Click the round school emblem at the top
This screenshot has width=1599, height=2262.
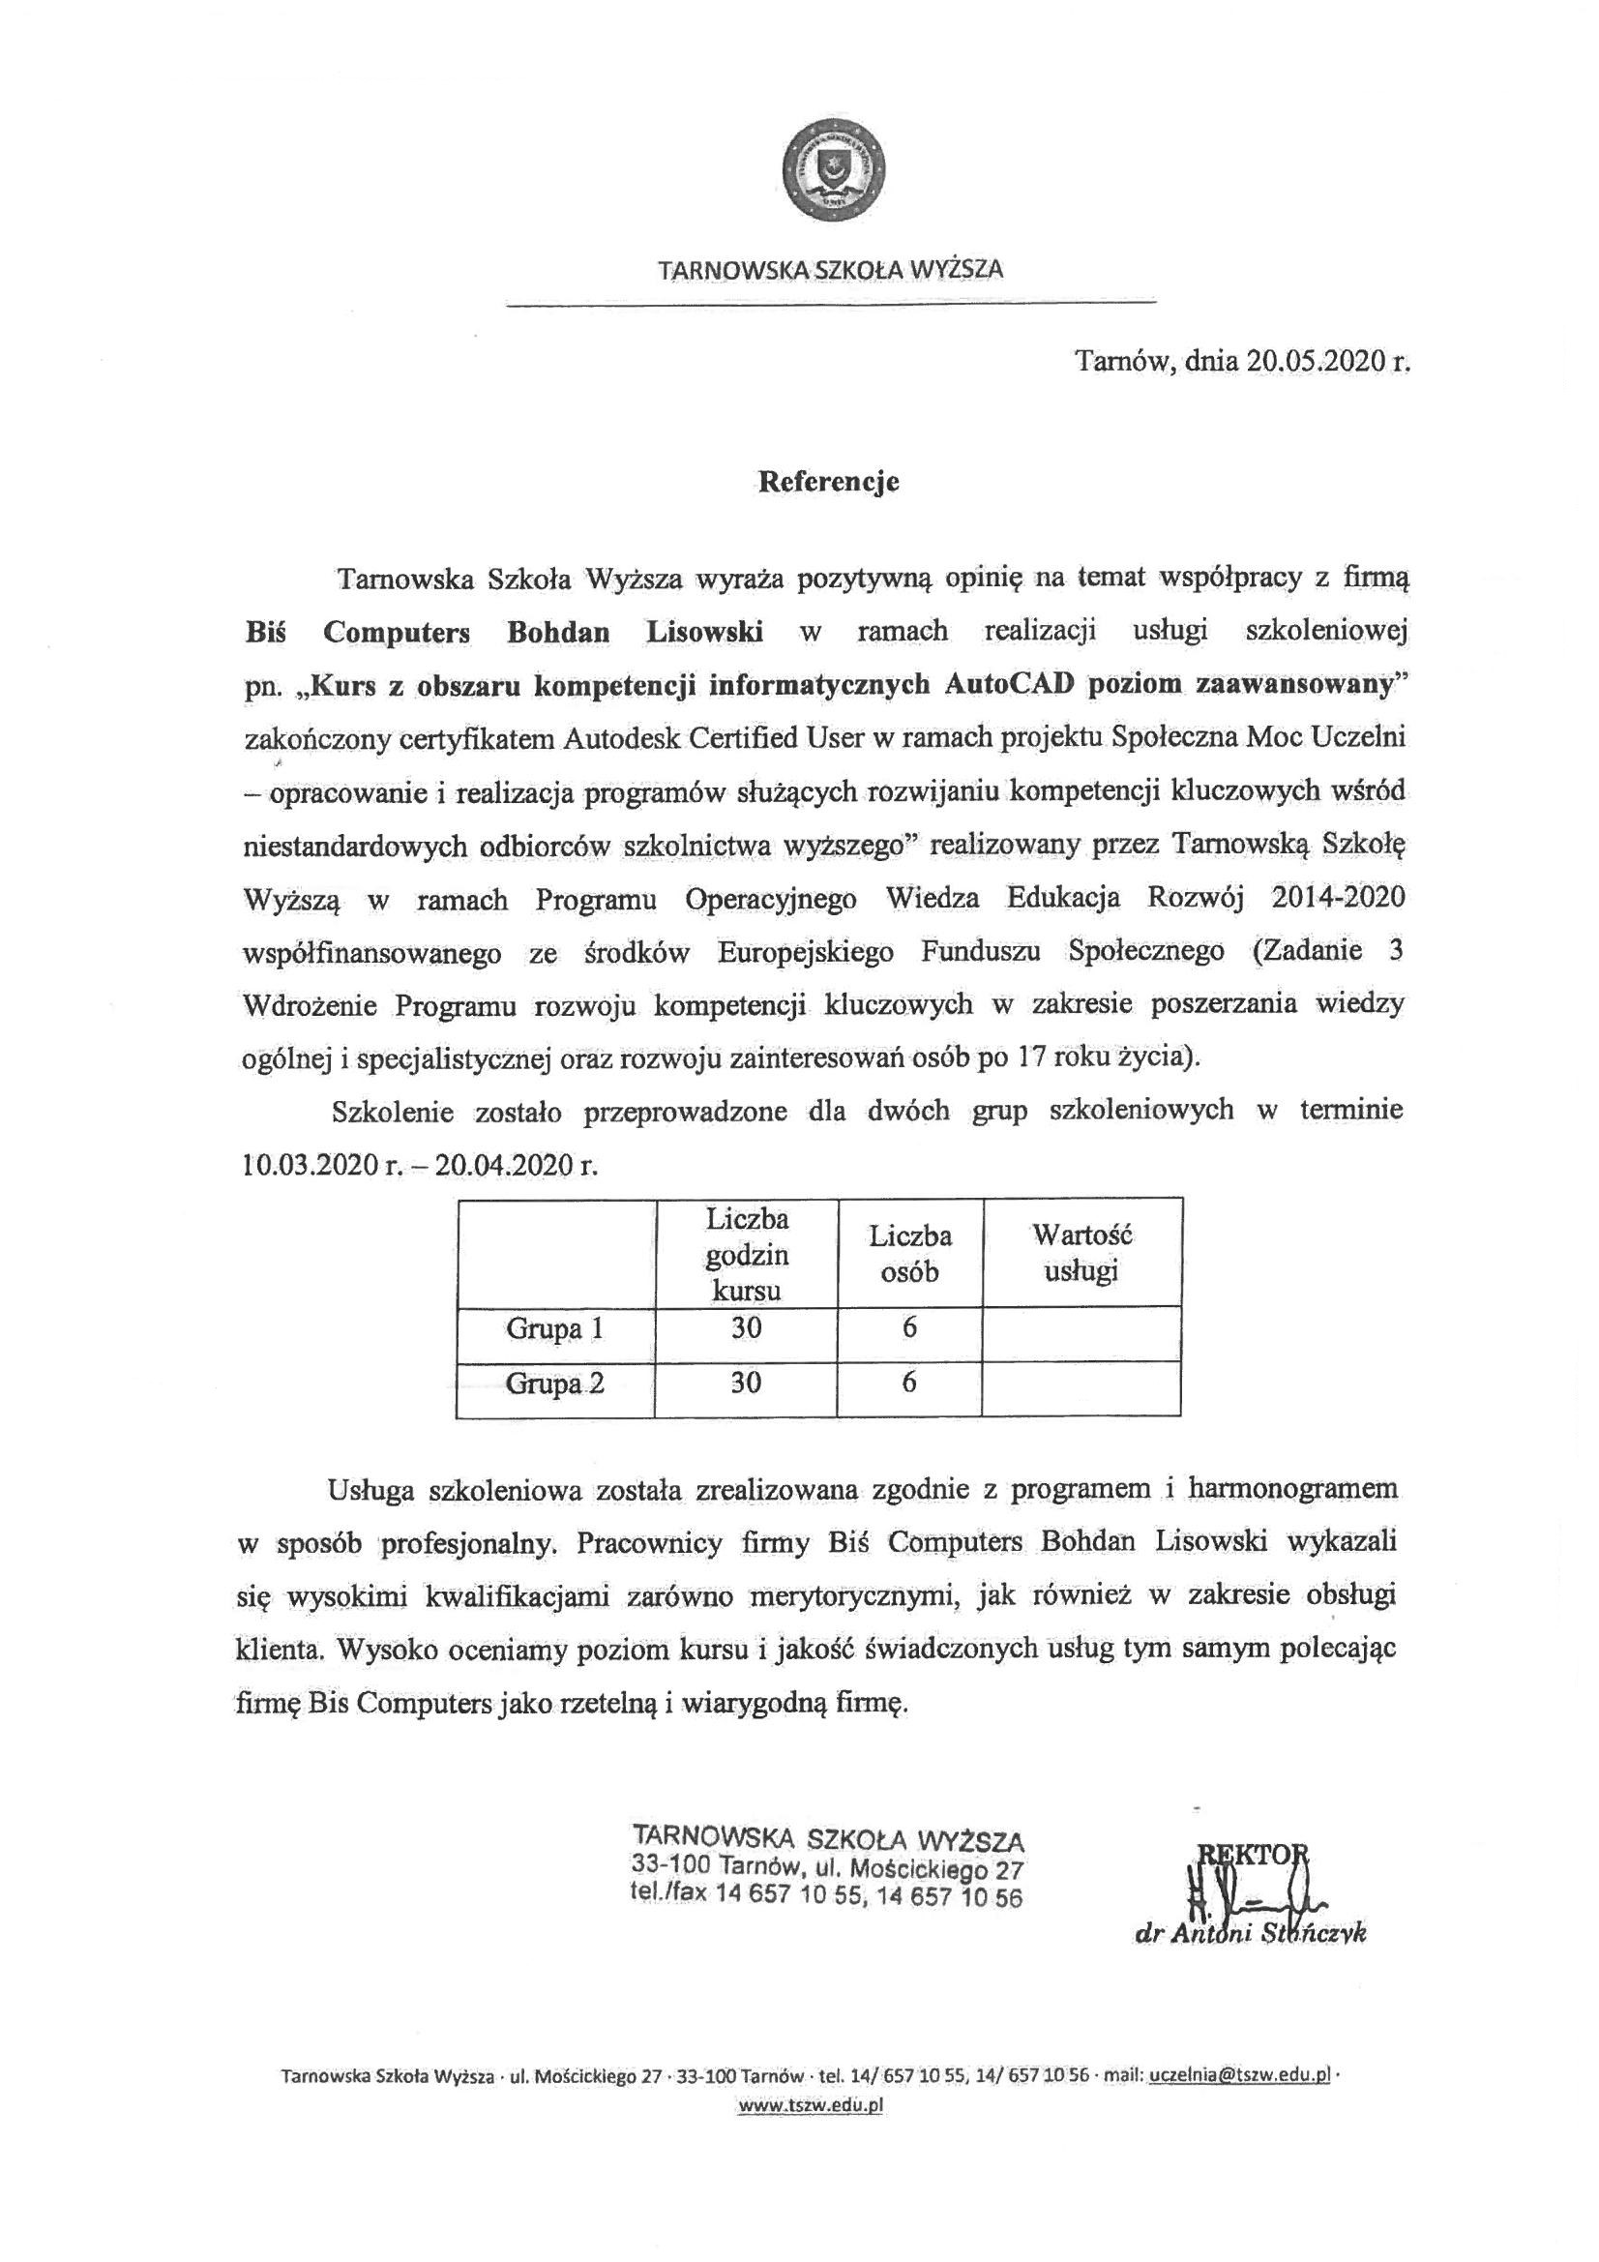833,171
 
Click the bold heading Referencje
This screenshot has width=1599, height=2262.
828,483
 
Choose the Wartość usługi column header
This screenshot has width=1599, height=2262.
1081,1252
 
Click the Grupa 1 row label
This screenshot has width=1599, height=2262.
554,1329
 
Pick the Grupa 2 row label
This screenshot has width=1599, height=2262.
554,1384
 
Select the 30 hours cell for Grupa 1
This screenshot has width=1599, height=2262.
746,1329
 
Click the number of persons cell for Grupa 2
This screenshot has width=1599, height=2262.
909,1384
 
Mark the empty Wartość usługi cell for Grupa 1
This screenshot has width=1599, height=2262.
1081,1332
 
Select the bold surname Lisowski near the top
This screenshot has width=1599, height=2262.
704,633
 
